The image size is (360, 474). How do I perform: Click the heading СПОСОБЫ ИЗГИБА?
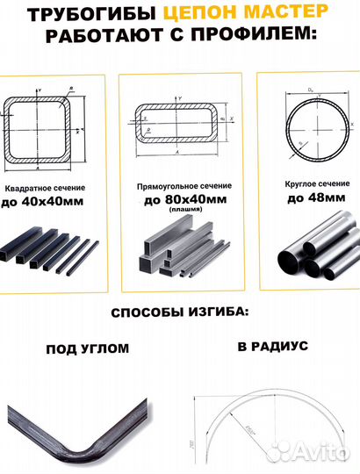[180, 312]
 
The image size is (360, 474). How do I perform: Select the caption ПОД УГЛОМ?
[87, 348]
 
